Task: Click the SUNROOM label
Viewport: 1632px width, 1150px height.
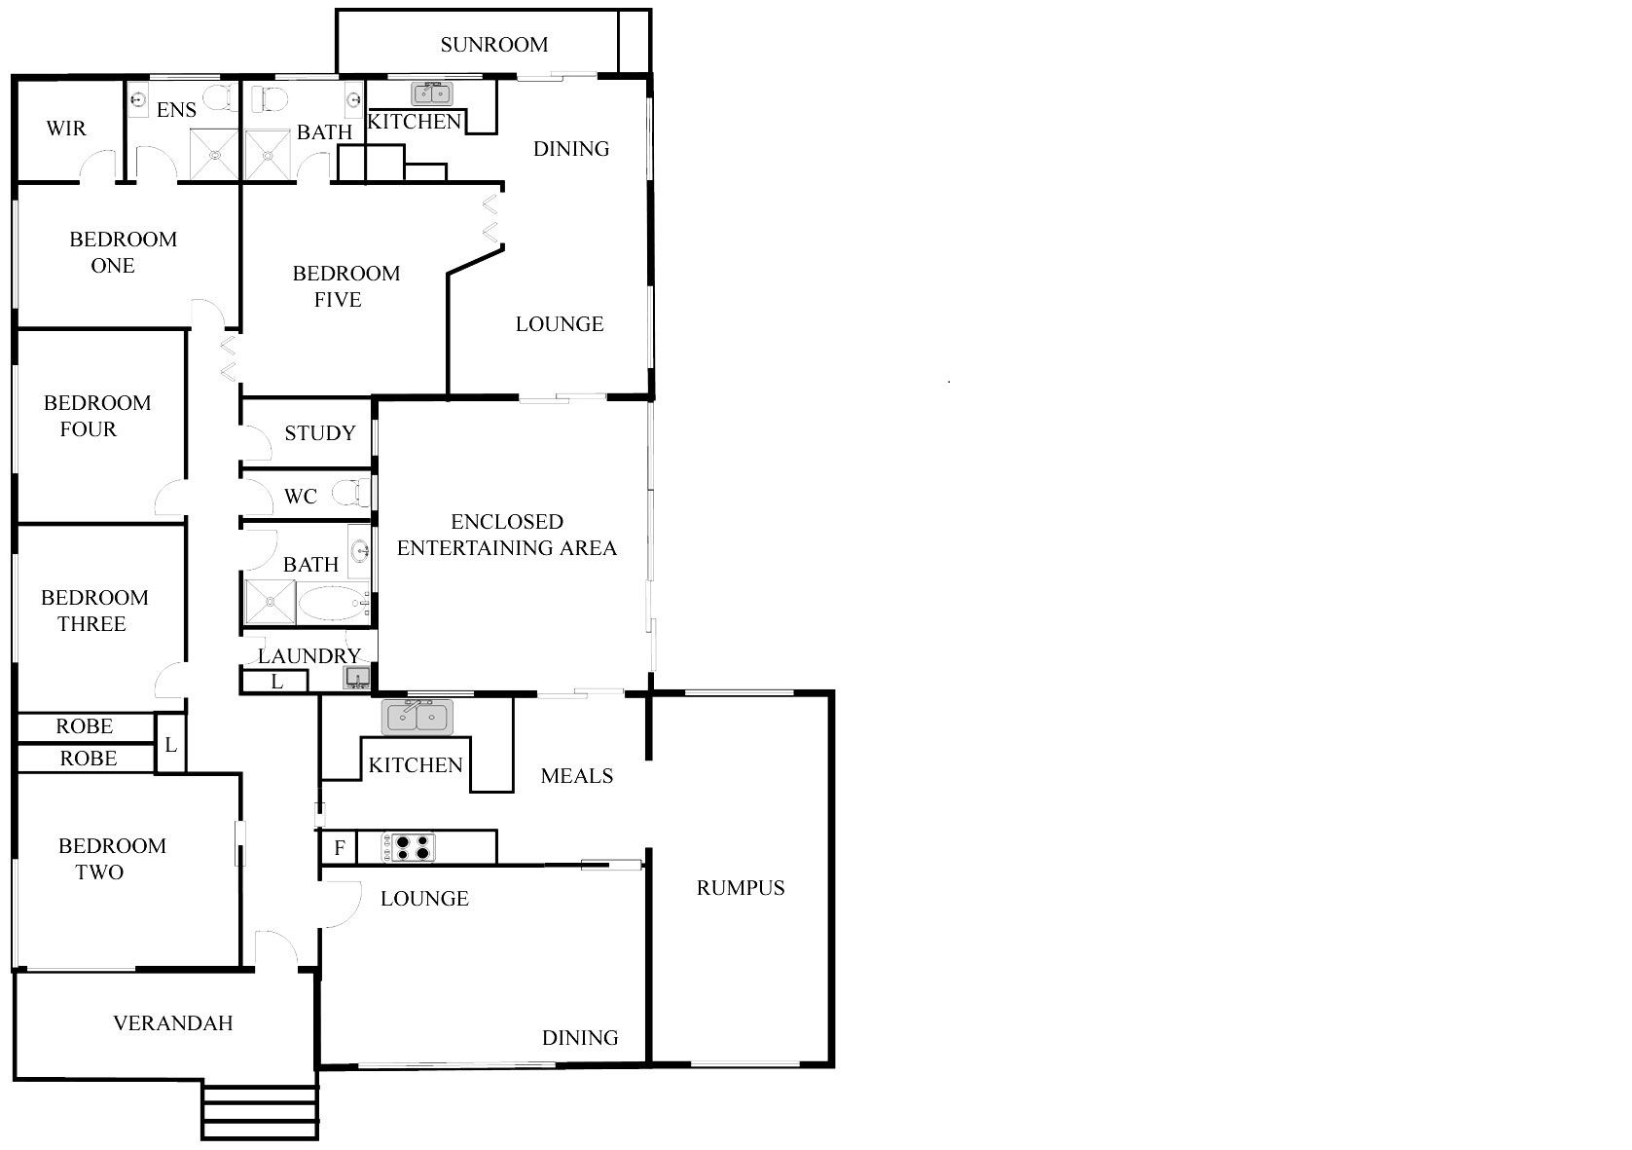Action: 494,45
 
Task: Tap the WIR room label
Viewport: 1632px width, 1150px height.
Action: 66,129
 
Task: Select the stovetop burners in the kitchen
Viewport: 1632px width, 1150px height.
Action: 408,847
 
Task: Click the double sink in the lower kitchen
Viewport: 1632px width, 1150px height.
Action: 417,717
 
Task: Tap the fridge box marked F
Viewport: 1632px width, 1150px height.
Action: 339,847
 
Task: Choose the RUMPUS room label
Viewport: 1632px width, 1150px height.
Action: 741,887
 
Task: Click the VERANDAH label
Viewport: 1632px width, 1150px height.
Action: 172,1023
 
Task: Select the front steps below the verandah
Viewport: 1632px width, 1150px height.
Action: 260,1111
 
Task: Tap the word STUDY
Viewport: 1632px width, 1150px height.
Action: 320,433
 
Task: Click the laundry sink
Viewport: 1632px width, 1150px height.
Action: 357,677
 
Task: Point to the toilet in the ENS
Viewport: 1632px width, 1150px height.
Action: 220,97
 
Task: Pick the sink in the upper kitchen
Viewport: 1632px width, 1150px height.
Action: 432,93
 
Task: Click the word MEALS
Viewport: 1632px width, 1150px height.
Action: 577,776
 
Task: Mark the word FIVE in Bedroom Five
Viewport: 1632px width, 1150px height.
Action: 338,300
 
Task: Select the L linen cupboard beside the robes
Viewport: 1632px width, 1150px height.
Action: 170,744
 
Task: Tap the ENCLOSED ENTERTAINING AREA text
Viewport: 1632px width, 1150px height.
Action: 507,535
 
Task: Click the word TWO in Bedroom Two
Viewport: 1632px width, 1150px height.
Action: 99,872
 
